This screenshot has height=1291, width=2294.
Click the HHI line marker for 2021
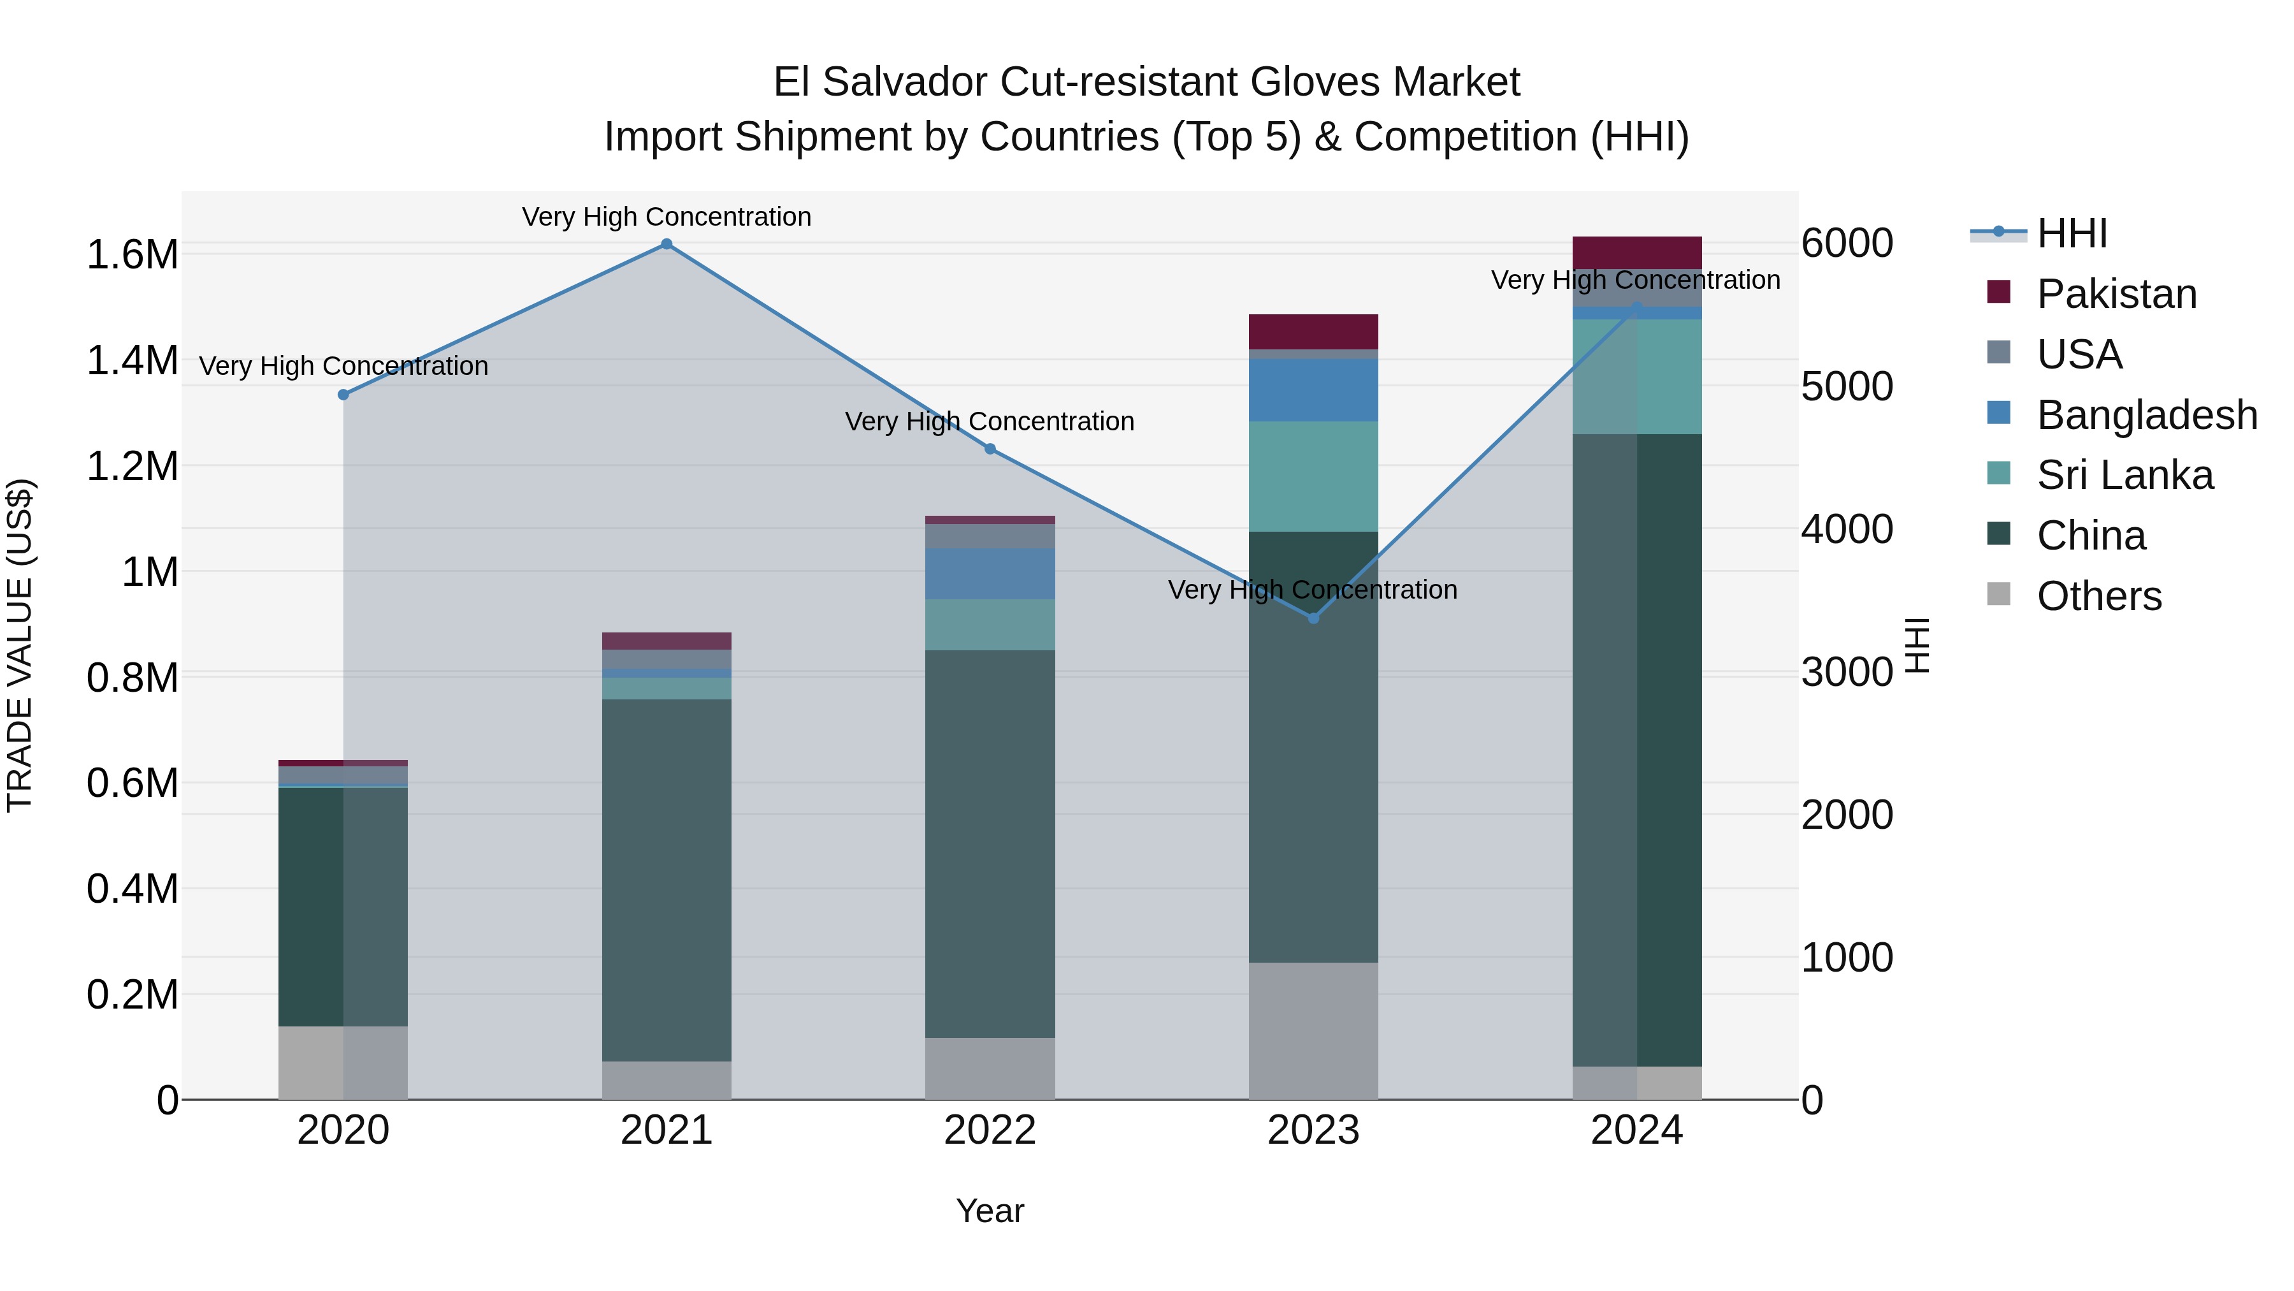click(666, 244)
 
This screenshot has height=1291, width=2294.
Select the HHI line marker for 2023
click(1313, 617)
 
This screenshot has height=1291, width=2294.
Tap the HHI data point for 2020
click(343, 395)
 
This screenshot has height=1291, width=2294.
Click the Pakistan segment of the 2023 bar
click(1313, 332)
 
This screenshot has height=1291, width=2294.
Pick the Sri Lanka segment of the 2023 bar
click(1313, 477)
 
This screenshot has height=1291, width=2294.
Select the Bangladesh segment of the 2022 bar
click(990, 574)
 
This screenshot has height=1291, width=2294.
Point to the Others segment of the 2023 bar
click(1313, 1030)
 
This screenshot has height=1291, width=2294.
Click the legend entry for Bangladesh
click(2146, 415)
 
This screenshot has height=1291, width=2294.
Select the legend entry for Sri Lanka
click(2124, 475)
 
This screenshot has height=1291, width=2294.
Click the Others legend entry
click(2098, 596)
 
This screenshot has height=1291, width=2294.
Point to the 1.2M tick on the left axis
click(132, 467)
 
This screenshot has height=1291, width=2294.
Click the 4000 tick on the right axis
click(1847, 529)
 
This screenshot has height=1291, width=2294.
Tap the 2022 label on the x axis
click(990, 1130)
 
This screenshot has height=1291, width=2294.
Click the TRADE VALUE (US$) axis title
click(20, 645)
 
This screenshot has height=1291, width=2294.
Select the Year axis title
click(990, 1211)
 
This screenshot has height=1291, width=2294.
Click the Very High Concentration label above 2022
click(990, 421)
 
